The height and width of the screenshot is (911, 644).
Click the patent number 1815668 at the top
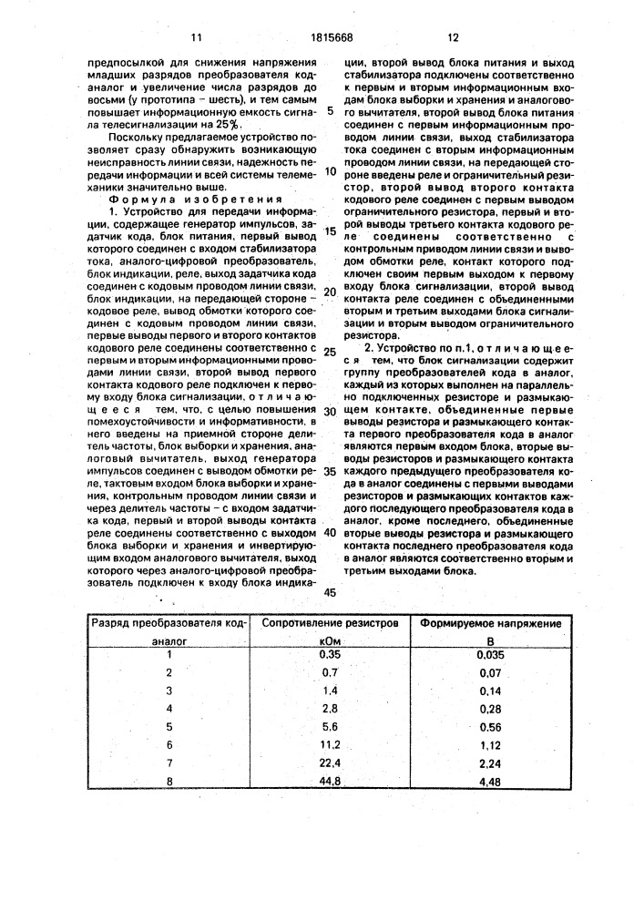(x=323, y=38)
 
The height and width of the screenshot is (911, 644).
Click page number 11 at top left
(x=196, y=38)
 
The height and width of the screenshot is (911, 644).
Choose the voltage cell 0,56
(x=490, y=726)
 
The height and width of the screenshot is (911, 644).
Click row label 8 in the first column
(x=169, y=780)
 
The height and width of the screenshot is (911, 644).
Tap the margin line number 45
(x=329, y=593)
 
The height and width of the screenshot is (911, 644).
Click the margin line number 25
(x=330, y=353)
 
